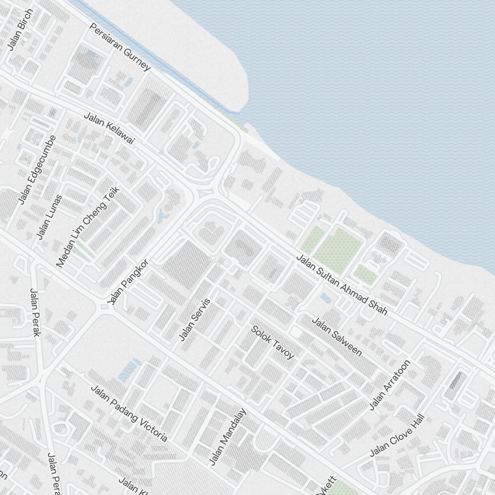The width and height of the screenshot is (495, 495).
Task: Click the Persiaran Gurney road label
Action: [x=119, y=46]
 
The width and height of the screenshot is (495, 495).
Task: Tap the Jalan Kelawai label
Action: [x=109, y=129]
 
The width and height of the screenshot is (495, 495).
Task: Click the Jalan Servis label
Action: [x=195, y=319]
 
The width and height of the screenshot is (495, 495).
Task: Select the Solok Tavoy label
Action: [x=272, y=342]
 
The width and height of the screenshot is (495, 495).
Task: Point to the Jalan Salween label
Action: [x=337, y=337]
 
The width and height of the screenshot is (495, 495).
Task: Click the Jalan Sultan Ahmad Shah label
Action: [x=342, y=285]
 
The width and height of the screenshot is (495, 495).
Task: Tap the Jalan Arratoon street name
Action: [x=390, y=385]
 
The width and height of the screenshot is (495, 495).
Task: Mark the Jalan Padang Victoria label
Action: [x=129, y=413]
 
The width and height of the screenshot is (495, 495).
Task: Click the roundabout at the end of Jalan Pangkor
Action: [x=104, y=307]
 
